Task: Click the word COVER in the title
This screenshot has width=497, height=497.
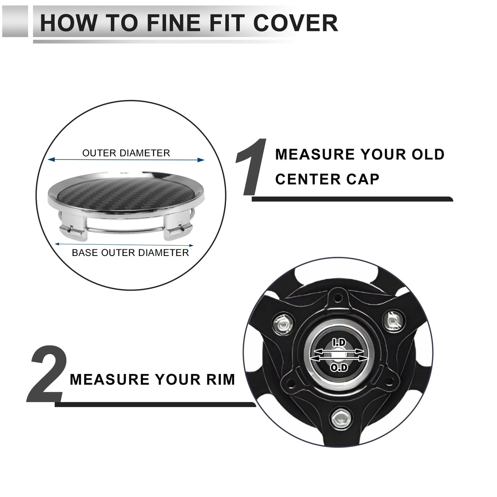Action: pyautogui.click(x=295, y=23)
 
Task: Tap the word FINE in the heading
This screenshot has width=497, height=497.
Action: pyautogui.click(x=173, y=23)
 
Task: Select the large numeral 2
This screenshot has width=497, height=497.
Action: pyautogui.click(x=47, y=374)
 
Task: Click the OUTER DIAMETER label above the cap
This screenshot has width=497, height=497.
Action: pyautogui.click(x=126, y=153)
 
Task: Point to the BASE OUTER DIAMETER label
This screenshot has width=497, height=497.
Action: pyautogui.click(x=130, y=253)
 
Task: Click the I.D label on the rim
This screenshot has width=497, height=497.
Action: pyautogui.click(x=339, y=343)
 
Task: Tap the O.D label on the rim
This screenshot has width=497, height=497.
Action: pyautogui.click(x=339, y=367)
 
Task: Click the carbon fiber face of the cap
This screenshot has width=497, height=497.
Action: pyautogui.click(x=125, y=194)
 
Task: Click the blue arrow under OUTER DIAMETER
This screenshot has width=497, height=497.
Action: pyautogui.click(x=126, y=160)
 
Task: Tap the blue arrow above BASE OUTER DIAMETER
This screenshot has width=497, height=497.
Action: pyautogui.click(x=124, y=245)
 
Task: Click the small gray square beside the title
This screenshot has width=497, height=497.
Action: pyautogui.click(x=14, y=21)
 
